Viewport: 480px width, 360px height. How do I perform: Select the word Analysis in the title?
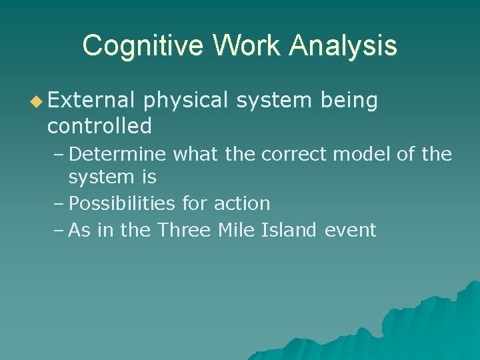point(344,46)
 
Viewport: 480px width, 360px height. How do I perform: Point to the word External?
point(91,100)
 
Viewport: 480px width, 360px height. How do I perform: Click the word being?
point(349,101)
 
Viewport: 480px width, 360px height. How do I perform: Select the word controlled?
point(99,125)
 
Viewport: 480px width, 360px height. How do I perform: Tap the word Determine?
point(117,155)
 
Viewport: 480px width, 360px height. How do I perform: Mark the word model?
point(361,155)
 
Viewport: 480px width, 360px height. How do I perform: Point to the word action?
point(242,203)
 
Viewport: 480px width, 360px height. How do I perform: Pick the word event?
point(351,231)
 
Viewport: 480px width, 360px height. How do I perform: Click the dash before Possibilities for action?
point(58,203)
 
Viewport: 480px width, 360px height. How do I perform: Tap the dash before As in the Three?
point(58,231)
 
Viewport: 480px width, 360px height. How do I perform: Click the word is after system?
point(149,177)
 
